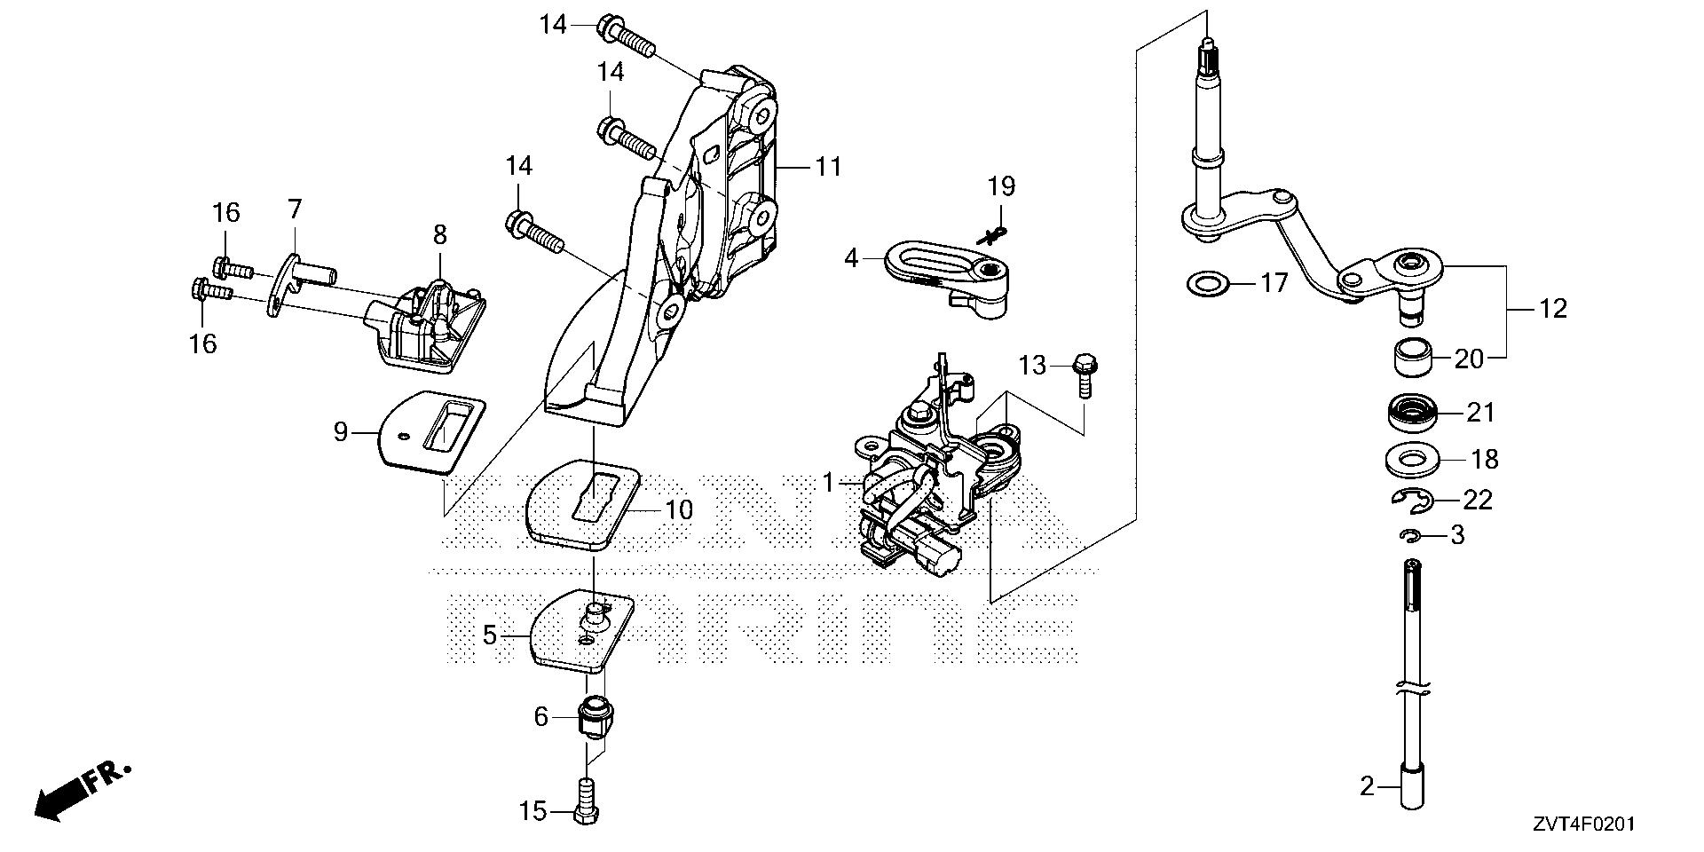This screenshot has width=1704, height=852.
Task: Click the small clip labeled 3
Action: [1410, 535]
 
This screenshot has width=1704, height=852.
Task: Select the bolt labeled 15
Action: [587, 801]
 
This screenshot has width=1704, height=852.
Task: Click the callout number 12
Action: [1553, 309]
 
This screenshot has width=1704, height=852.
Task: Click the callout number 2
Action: [1367, 786]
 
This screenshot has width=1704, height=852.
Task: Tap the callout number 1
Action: [828, 484]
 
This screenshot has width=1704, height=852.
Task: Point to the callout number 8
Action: [440, 234]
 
